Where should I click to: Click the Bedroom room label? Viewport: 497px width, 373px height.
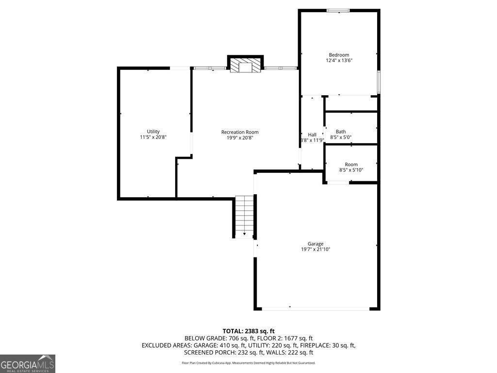click(x=339, y=55)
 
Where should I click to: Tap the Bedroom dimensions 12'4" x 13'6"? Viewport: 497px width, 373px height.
click(x=339, y=61)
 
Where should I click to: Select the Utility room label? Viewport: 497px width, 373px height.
click(x=153, y=132)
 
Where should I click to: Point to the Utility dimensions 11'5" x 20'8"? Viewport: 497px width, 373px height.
click(x=153, y=137)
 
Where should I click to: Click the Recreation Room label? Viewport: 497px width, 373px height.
click(x=240, y=132)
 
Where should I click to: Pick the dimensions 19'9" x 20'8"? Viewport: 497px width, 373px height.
click(x=240, y=137)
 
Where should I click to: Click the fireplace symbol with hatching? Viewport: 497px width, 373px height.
click(x=245, y=66)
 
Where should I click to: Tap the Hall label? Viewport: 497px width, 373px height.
click(x=312, y=135)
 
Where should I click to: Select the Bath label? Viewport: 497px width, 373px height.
click(x=341, y=132)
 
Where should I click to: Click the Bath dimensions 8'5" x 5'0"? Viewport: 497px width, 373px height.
click(x=341, y=137)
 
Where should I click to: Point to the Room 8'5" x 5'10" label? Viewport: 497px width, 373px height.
click(x=351, y=167)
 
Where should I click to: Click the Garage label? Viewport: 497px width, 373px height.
click(x=315, y=244)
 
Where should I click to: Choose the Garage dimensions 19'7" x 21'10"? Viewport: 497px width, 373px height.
click(x=315, y=250)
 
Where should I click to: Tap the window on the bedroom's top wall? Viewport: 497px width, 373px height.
click(x=338, y=10)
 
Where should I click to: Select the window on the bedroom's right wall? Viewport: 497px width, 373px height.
click(x=379, y=82)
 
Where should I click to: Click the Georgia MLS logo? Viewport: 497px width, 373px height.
click(x=28, y=364)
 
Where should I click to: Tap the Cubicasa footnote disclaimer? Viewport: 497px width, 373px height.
click(x=248, y=363)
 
